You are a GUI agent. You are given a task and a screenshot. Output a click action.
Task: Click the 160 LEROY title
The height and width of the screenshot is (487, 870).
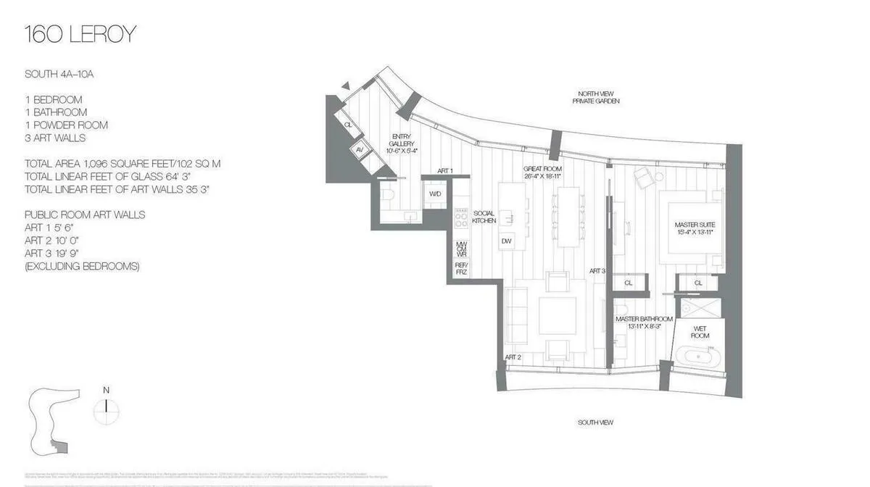80,34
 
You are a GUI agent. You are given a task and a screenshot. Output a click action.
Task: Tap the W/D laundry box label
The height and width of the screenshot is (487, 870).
435,194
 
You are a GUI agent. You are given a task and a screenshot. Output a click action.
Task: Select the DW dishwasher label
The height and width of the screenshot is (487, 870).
507,241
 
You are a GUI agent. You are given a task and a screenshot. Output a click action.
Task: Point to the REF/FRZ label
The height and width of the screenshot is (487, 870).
461,268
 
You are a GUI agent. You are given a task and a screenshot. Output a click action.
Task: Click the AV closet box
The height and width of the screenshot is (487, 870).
360,150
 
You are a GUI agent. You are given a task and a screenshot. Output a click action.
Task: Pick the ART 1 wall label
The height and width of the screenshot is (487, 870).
445,171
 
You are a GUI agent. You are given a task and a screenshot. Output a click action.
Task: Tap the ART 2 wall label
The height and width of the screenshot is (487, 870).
513,357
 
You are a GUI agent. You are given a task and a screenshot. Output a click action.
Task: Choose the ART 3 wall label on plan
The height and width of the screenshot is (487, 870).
597,271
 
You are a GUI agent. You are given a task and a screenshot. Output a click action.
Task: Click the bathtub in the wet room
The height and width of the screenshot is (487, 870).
700,359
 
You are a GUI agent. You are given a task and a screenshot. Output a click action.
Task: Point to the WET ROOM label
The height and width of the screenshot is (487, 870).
700,332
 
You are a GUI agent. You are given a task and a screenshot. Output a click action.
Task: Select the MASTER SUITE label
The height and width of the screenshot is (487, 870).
695,228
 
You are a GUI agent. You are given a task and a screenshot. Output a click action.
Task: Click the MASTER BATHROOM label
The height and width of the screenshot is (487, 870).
644,322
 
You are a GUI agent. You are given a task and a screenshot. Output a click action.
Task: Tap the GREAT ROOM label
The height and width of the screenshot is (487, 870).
543,172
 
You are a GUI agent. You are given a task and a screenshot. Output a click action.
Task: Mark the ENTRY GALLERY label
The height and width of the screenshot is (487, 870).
402,143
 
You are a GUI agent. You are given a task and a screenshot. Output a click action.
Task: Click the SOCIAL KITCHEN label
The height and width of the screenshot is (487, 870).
484,217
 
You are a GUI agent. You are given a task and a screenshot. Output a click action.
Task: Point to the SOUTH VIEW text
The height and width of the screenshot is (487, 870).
595,423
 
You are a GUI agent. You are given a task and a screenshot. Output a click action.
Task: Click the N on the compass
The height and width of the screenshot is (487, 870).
106,391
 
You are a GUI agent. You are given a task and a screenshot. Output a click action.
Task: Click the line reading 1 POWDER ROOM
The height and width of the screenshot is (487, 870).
66,125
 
